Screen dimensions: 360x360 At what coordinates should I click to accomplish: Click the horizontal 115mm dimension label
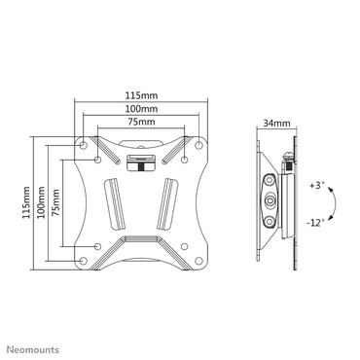(142, 94)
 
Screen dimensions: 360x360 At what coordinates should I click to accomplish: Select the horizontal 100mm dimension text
(142, 110)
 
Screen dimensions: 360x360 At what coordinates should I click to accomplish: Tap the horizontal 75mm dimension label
(142, 125)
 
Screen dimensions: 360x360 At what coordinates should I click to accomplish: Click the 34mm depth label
(275, 124)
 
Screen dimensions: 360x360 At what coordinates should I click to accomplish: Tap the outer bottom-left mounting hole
(82, 259)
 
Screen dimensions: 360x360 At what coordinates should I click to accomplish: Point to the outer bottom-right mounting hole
(201, 259)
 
